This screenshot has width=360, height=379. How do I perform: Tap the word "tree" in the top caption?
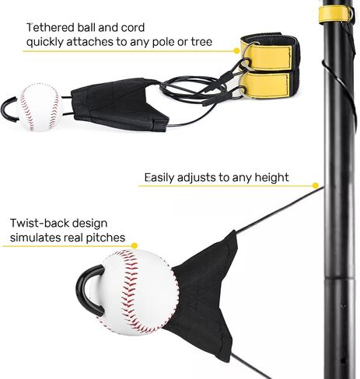point(201,42)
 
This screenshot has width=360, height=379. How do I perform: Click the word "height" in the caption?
point(271,178)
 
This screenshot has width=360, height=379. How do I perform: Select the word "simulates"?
point(36,238)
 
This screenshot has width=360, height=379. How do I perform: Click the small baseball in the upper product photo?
point(40,107)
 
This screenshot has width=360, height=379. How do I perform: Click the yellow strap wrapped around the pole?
point(335,14)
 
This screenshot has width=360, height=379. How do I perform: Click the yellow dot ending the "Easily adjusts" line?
point(316,186)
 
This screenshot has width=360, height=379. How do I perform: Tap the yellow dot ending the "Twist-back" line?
point(135,245)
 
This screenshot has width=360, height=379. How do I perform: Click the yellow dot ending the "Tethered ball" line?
point(236,50)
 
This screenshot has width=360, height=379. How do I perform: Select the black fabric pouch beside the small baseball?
point(119,104)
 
